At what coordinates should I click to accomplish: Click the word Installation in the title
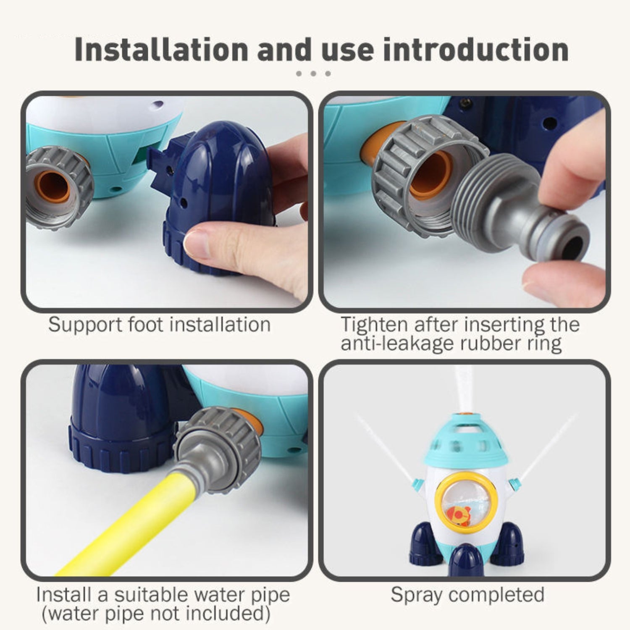click(x=161, y=50)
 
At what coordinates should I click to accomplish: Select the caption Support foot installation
click(x=159, y=325)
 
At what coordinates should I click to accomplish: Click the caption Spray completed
click(x=467, y=595)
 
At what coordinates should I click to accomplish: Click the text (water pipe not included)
click(x=156, y=613)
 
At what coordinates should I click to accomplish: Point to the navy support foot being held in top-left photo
click(x=212, y=197)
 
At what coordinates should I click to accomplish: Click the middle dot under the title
click(x=313, y=73)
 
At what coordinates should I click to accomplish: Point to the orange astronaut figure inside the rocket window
click(x=456, y=513)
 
